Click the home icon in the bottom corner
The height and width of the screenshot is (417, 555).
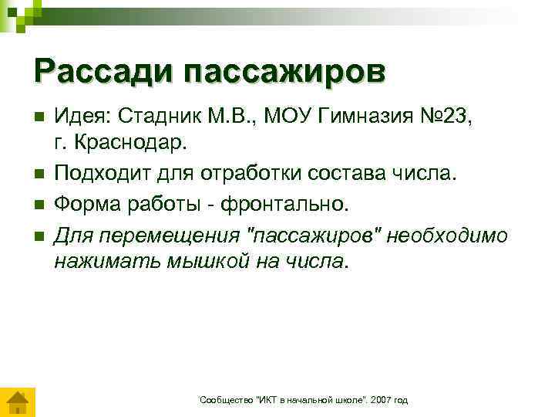coord(16,402)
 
